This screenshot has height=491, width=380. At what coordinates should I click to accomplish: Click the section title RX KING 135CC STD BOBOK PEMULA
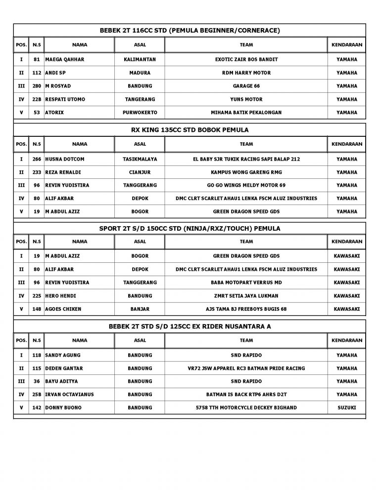tap(190, 130)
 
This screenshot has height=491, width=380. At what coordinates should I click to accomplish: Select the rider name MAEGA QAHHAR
tap(65, 59)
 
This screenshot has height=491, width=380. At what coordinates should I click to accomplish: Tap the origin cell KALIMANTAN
tap(140, 59)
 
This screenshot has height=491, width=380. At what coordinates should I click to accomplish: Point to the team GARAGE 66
tap(246, 86)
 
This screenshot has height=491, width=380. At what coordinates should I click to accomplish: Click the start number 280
tap(36, 86)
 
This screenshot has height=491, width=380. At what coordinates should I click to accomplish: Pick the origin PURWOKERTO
tap(140, 113)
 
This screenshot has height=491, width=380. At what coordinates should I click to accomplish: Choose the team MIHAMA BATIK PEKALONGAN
tap(246, 113)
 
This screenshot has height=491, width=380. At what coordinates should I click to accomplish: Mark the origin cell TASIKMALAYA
tap(140, 159)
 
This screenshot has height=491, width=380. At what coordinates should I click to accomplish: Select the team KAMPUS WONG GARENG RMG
tap(246, 172)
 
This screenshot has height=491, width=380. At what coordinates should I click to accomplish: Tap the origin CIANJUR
tap(140, 172)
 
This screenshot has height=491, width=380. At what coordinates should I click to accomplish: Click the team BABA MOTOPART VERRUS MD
tap(246, 283)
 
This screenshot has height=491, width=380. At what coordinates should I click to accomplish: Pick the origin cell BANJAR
tap(140, 309)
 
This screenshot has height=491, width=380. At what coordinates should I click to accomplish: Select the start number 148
tap(36, 309)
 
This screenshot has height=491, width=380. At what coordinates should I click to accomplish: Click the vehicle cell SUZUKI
tap(346, 408)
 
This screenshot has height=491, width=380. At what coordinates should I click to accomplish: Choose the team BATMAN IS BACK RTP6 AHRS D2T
tap(246, 394)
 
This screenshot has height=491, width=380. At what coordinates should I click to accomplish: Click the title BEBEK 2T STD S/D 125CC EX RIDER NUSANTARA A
tap(190, 327)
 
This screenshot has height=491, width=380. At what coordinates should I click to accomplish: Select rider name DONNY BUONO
tap(64, 408)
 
